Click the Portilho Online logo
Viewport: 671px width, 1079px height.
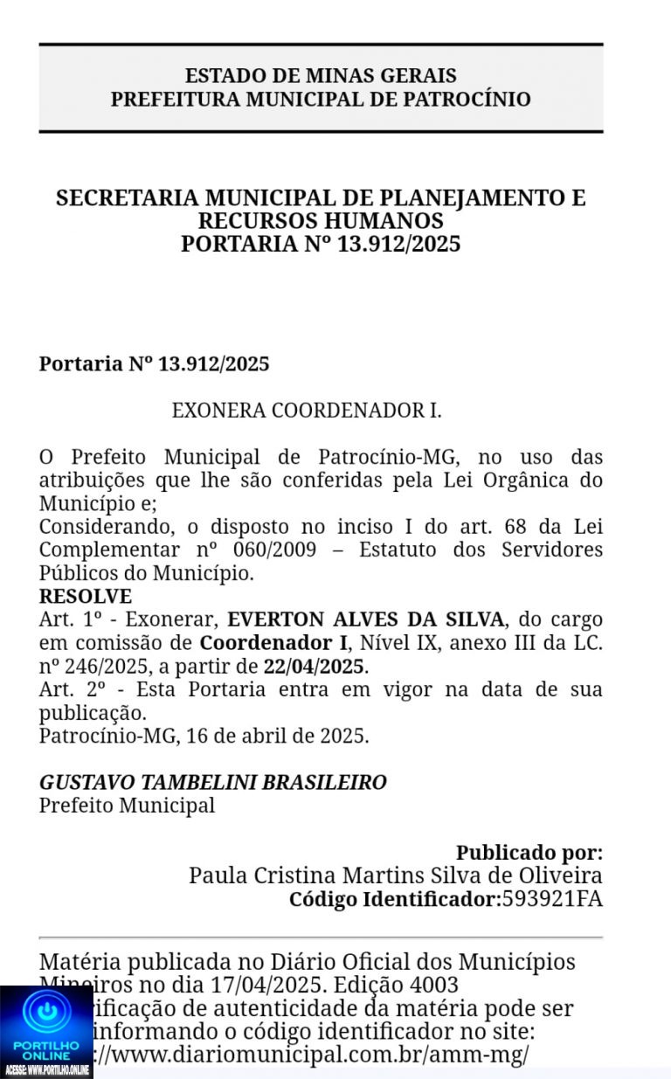click(46, 1031)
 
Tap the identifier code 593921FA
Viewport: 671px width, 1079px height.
click(552, 898)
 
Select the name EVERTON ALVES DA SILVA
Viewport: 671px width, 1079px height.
click(366, 619)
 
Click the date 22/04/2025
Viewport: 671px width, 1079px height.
click(315, 667)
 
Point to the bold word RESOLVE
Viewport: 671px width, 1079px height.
click(86, 597)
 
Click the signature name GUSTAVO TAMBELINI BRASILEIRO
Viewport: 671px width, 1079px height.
click(212, 782)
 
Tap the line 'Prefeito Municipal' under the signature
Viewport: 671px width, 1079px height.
click(127, 805)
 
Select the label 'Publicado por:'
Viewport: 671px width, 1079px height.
click(529, 853)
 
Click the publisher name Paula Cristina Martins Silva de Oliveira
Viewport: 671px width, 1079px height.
click(395, 875)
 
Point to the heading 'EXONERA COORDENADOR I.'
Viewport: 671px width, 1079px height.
click(307, 410)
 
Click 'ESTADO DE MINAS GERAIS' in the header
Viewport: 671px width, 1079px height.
click(321, 76)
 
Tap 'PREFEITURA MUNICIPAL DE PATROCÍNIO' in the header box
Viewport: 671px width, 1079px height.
click(321, 99)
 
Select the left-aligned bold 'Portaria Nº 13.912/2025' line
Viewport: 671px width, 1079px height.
click(154, 363)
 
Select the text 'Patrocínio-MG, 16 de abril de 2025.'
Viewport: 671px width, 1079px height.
click(204, 736)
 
